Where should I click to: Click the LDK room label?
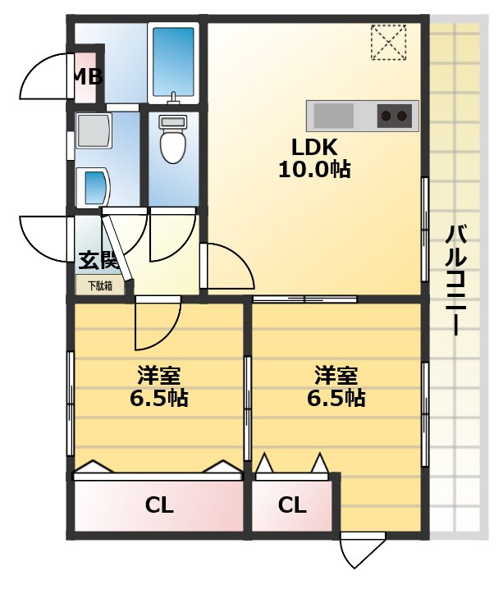click(315, 148)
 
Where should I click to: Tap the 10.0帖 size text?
click(315, 170)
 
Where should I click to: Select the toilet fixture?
click(173, 141)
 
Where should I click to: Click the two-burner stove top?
click(394, 116)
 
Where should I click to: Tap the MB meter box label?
click(87, 78)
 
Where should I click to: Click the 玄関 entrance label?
click(98, 262)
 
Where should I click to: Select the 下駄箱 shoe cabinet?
click(100, 286)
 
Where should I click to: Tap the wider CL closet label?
click(159, 505)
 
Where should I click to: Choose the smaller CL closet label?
click(292, 505)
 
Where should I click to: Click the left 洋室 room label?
click(159, 377)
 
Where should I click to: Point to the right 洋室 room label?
click(336, 377)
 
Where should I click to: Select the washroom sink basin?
click(94, 188)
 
